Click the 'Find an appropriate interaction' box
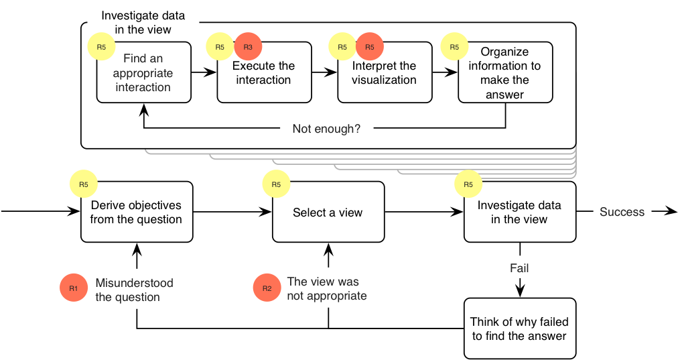tap(143, 72)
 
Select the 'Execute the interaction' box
tap(264, 72)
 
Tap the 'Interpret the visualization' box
tap(385, 72)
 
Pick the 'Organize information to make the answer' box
tap(505, 72)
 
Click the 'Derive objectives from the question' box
tap(137, 212)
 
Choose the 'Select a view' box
tap(328, 212)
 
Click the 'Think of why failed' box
tap(520, 328)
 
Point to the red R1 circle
tap(74, 288)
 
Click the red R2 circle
tap(267, 288)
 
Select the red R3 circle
tap(248, 47)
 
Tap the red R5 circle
tap(370, 47)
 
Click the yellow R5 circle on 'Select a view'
tap(276, 184)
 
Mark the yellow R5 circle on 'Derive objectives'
tap(84, 184)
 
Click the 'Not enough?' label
tap(326, 129)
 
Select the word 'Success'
tap(622, 212)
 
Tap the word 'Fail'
tap(519, 268)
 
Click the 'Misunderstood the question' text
tap(134, 290)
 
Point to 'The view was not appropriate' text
tap(327, 289)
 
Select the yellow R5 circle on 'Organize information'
tap(454, 47)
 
